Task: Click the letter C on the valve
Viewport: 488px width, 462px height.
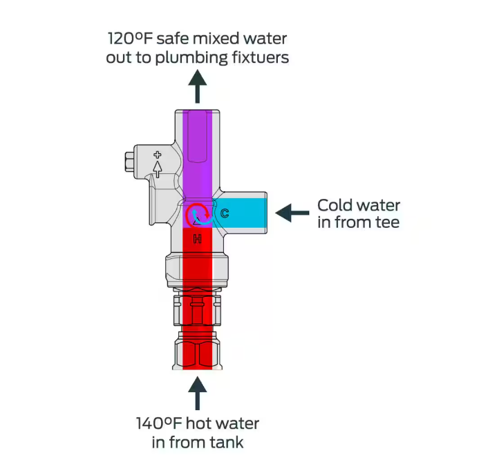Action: pyautogui.click(x=225, y=213)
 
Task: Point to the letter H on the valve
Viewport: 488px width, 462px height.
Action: pyautogui.click(x=197, y=239)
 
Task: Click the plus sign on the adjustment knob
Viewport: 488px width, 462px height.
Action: pyautogui.click(x=158, y=155)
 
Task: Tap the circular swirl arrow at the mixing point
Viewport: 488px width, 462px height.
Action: pyautogui.click(x=198, y=214)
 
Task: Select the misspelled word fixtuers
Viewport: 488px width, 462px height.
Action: pyautogui.click(x=259, y=57)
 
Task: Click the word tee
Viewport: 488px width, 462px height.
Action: pyautogui.click(x=386, y=222)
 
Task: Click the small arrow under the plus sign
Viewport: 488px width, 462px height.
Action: pyautogui.click(x=158, y=168)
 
